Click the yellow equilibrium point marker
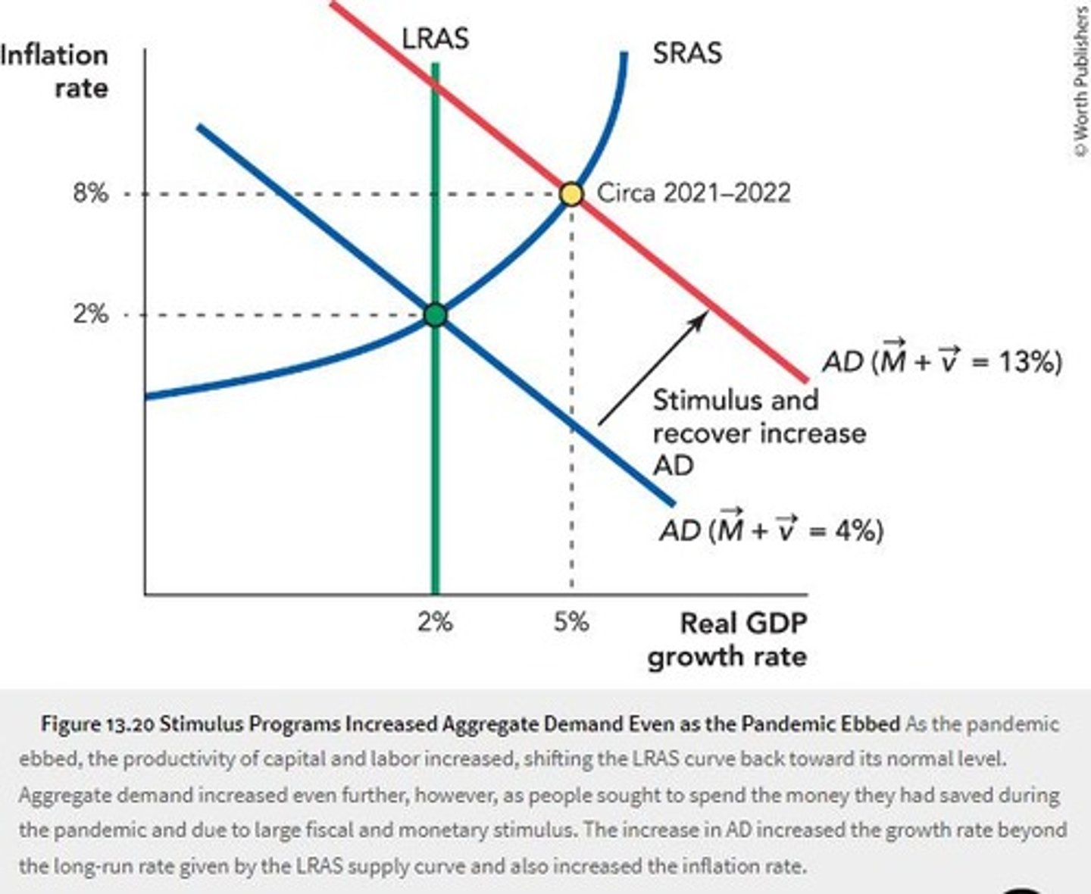(x=571, y=194)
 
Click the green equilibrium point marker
(x=435, y=314)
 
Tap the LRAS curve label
(x=435, y=38)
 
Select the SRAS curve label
(x=687, y=53)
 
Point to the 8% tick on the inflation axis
(x=91, y=194)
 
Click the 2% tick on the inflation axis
(x=91, y=314)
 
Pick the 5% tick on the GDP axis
(x=571, y=622)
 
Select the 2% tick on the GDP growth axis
(x=435, y=622)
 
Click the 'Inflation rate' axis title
(x=57, y=71)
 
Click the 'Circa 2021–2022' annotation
(x=693, y=192)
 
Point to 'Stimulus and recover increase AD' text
(x=758, y=433)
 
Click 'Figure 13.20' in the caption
(x=98, y=724)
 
